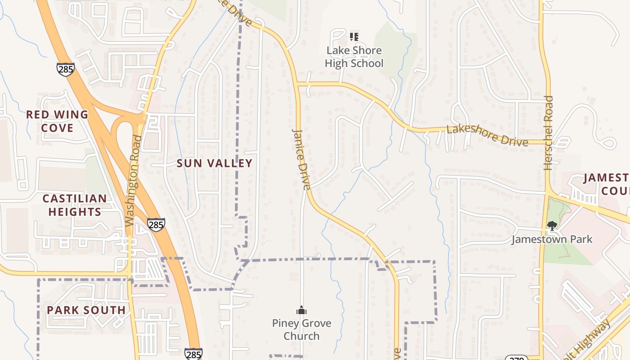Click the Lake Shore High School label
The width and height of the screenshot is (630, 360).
354,57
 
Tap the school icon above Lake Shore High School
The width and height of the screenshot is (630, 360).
354,36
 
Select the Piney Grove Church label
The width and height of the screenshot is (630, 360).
301,329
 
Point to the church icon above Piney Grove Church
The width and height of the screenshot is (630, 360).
301,310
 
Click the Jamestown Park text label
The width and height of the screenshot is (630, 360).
552,239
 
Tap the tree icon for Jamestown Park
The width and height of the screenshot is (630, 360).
552,225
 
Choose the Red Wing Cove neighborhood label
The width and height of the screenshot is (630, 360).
57,121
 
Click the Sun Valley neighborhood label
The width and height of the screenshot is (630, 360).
214,163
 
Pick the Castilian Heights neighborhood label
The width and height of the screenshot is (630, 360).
75,205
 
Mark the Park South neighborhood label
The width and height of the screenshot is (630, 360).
86,310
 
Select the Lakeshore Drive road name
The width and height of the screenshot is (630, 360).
487,135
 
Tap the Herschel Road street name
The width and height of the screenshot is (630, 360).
548,133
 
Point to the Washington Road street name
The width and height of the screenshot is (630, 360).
134,180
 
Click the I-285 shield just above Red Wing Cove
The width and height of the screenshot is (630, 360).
65,69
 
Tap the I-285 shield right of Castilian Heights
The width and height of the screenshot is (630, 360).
156,225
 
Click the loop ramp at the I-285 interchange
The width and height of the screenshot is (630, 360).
118,135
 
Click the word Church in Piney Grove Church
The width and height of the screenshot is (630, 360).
301,336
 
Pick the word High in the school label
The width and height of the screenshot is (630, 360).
336,63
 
